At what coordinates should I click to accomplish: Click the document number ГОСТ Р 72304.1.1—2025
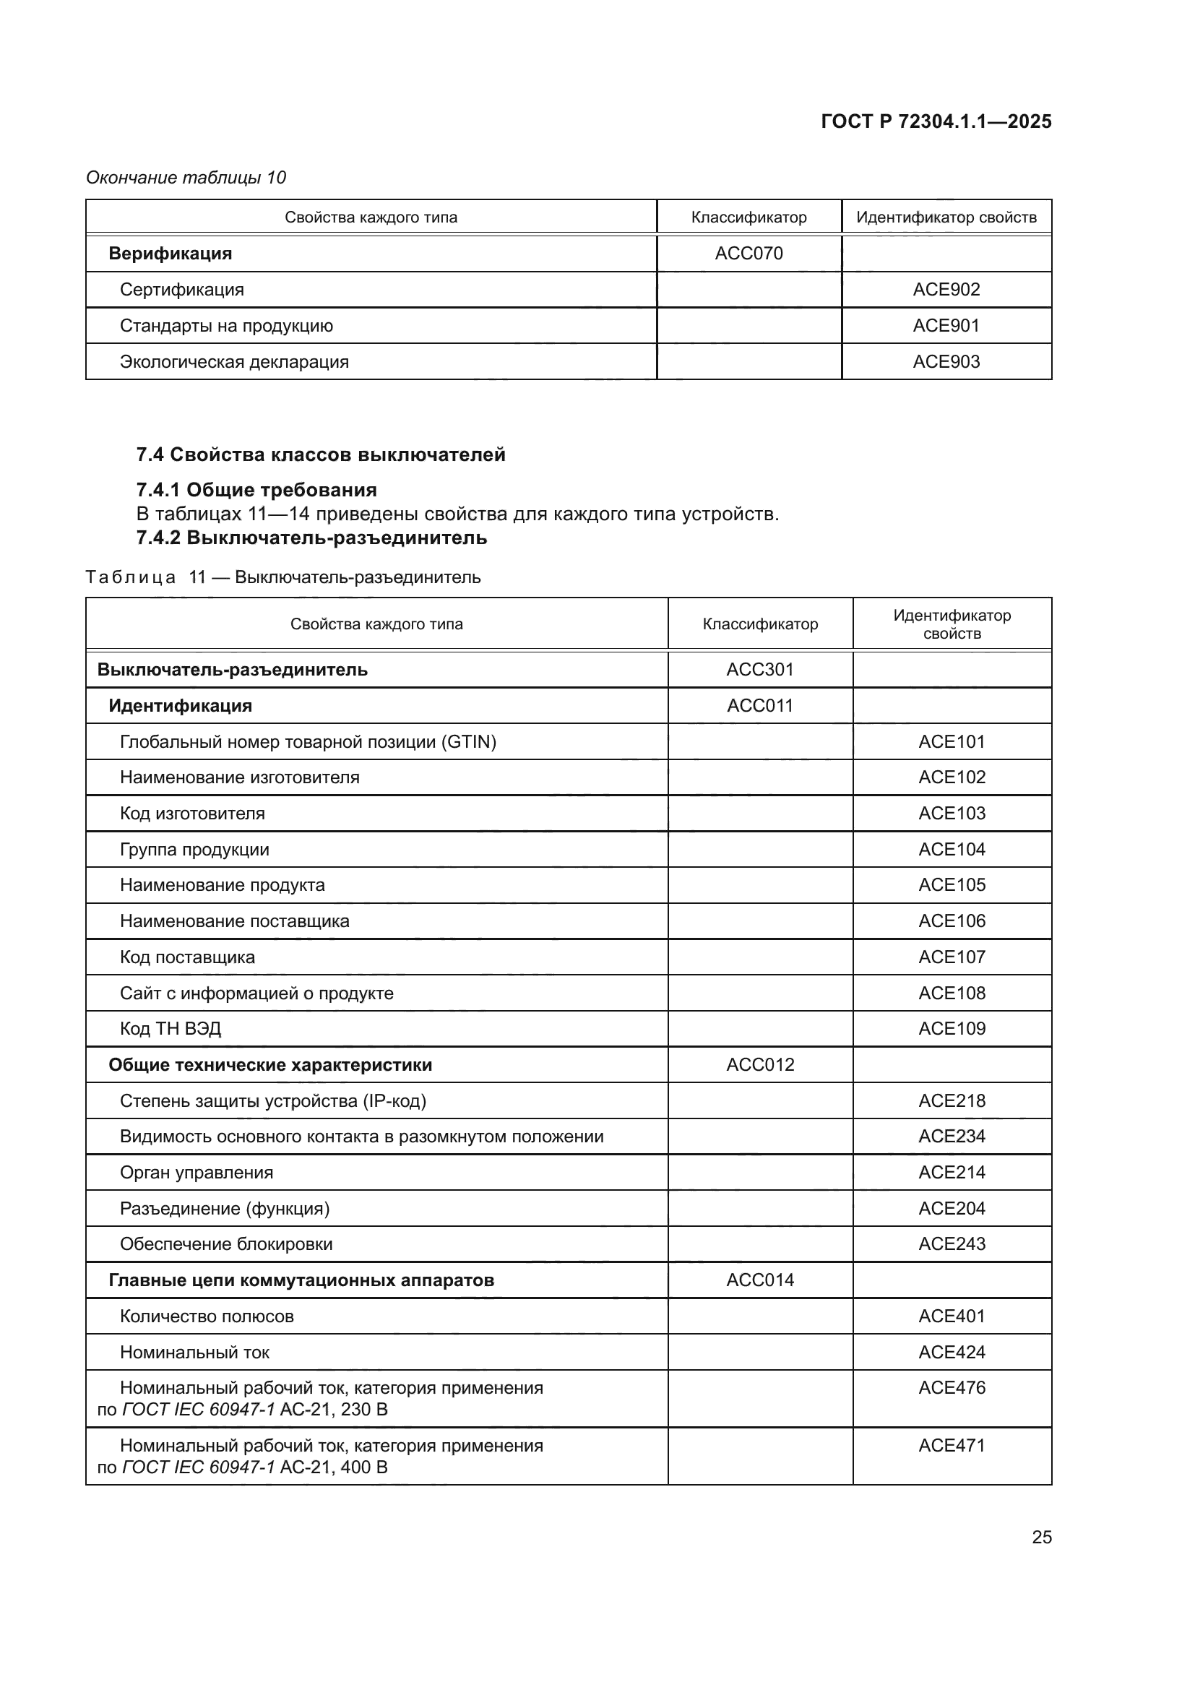935,121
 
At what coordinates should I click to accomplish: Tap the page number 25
1041,1537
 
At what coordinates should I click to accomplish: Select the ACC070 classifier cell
749,253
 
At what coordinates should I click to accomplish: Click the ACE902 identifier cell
946,289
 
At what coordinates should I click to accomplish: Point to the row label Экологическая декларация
234,362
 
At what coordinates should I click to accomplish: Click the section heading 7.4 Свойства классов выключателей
321,455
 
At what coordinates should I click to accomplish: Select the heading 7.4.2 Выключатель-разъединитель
311,538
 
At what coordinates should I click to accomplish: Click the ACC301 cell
759,670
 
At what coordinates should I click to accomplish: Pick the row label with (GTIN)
308,742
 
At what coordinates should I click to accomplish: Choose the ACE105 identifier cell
952,885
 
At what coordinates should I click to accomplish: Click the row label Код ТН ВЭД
170,1029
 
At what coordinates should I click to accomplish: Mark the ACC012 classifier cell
759,1065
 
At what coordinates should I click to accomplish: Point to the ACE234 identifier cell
952,1137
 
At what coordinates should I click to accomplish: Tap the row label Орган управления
197,1173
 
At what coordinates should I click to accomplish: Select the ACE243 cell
952,1244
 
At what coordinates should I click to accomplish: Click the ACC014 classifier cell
759,1280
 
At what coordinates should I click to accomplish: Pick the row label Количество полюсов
207,1316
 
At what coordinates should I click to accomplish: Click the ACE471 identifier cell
952,1446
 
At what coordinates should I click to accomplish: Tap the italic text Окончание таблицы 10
186,178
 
